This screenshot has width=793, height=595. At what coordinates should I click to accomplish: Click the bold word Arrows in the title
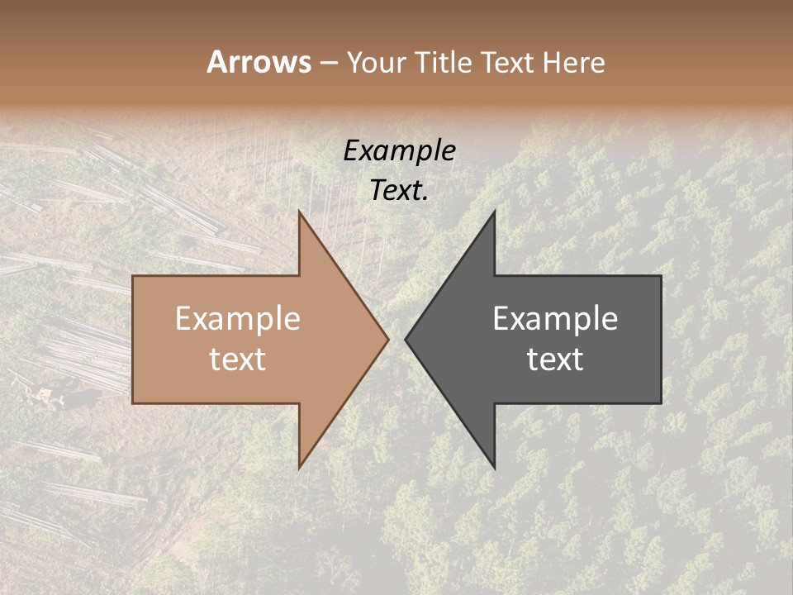click(259, 62)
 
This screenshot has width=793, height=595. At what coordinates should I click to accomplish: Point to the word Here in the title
click(575, 62)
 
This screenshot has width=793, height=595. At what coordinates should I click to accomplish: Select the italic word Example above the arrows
click(399, 150)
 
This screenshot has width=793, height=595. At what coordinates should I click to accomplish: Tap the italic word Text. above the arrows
click(399, 190)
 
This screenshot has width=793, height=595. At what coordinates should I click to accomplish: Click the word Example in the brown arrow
click(238, 318)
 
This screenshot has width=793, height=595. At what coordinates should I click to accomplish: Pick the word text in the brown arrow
click(238, 359)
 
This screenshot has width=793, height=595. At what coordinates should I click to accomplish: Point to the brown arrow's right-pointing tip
click(387, 339)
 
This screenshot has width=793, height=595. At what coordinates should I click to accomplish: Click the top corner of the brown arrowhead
click(300, 212)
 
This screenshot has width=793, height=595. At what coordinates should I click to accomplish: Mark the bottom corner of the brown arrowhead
click(300, 467)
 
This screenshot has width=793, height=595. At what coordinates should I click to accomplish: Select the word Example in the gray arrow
click(555, 318)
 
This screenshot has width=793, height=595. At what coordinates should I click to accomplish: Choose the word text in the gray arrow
click(555, 359)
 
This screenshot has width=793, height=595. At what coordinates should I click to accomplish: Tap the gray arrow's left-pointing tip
click(407, 339)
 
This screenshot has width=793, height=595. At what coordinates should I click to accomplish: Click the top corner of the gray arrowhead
click(494, 212)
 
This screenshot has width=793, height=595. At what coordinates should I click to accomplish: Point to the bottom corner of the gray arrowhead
click(494, 467)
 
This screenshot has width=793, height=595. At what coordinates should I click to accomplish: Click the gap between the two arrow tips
click(396, 339)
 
